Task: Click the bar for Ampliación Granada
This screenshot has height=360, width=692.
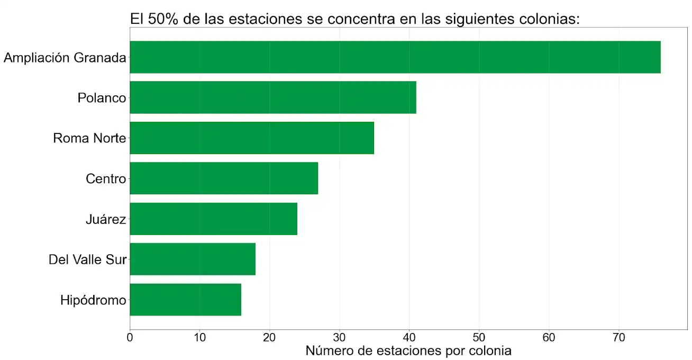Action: [395, 57]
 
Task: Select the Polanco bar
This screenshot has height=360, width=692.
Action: [272, 97]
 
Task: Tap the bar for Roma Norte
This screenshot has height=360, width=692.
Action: [252, 138]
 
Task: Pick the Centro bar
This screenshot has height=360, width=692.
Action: [224, 178]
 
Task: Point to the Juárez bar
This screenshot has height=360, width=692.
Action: [213, 219]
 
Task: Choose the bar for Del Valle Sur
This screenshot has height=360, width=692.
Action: [193, 259]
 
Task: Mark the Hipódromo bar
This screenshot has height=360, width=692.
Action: [185, 300]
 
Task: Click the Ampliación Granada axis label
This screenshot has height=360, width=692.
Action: [65, 58]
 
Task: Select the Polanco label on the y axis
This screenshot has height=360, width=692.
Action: [102, 98]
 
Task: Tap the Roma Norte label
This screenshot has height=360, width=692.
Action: [89, 139]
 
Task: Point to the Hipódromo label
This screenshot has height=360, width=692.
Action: [93, 301]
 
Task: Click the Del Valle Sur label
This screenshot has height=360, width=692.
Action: [87, 260]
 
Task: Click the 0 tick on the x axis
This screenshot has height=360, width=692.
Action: [130, 336]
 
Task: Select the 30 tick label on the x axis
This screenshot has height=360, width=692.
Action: [339, 336]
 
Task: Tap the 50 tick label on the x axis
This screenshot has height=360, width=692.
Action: [479, 336]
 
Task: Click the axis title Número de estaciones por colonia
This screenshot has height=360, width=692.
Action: [408, 350]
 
